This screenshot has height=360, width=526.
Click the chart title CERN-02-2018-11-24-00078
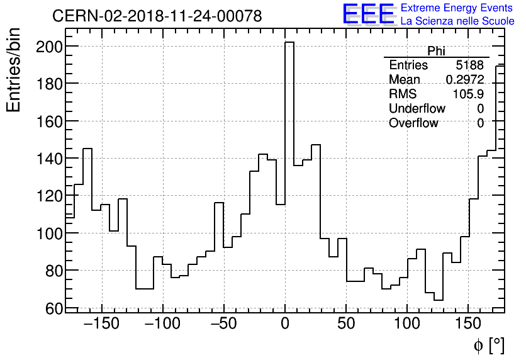coord(157,16)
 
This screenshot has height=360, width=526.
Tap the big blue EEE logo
coord(368,15)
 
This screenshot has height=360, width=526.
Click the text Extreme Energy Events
coord(456,8)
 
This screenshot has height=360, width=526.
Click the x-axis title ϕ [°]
coord(488,346)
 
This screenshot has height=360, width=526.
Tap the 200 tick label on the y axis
coord(48,47)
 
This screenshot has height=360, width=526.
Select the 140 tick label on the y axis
coord(48,159)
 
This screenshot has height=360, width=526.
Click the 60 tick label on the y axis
coord(53,308)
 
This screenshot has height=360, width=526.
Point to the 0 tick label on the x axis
coord(285,325)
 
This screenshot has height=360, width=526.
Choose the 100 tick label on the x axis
coord(407,325)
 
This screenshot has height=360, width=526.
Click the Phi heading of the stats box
coord(436,52)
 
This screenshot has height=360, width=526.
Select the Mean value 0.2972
coord(464,80)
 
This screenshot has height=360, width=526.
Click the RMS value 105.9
coord(469,94)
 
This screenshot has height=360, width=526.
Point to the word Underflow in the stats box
coord(417,108)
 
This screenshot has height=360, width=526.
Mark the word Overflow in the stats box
coord(413,123)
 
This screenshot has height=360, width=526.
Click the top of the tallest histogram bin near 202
coord(289,43)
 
